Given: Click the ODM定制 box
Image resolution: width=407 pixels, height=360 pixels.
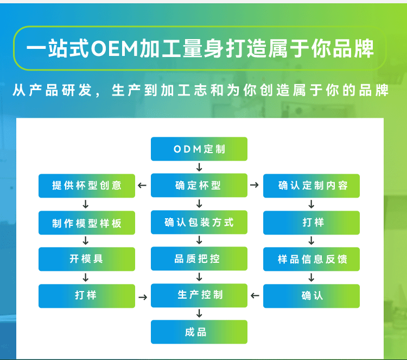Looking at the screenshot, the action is pyautogui.click(x=199, y=149).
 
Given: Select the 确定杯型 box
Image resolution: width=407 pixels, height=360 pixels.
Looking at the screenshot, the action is pyautogui.click(x=199, y=185).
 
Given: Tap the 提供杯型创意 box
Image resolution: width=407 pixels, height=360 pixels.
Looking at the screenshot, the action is pyautogui.click(x=87, y=186).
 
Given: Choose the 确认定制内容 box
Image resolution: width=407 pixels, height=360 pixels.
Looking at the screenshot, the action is pyautogui.click(x=311, y=186).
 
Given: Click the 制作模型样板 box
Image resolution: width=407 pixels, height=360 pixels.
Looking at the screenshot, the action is pyautogui.click(x=87, y=223).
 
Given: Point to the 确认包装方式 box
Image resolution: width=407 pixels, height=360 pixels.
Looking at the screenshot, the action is pyautogui.click(x=199, y=222).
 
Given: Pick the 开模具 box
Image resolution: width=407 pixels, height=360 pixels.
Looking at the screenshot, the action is pyautogui.click(x=87, y=259).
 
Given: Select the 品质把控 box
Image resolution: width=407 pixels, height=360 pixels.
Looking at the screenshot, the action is pyautogui.click(x=199, y=258).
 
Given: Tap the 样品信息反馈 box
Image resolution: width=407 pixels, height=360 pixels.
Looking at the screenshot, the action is pyautogui.click(x=311, y=259).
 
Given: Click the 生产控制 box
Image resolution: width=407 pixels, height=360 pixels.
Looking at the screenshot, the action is pyautogui.click(x=199, y=295).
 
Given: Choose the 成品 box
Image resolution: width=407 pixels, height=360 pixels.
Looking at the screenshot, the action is pyautogui.click(x=199, y=332).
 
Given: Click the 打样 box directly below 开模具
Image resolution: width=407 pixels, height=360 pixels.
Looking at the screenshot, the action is pyautogui.click(x=87, y=296).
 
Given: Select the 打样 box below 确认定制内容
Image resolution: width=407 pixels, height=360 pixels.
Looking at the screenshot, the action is pyautogui.click(x=311, y=223).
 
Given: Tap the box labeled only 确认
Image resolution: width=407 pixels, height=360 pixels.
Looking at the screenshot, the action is pyautogui.click(x=311, y=296).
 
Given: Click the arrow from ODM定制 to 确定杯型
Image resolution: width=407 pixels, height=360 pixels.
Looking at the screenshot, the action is pyautogui.click(x=199, y=167).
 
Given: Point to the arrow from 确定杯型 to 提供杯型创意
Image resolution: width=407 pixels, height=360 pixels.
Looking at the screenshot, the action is pyautogui.click(x=142, y=186).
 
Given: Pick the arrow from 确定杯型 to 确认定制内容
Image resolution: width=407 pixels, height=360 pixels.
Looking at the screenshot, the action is pyautogui.click(x=255, y=185).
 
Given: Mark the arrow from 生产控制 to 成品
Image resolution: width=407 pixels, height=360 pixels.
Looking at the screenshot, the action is pyautogui.click(x=199, y=313).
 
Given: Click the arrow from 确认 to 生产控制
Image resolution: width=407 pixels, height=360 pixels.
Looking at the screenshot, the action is pyautogui.click(x=255, y=295).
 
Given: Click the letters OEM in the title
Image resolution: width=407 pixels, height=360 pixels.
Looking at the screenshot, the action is pyautogui.click(x=115, y=48).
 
